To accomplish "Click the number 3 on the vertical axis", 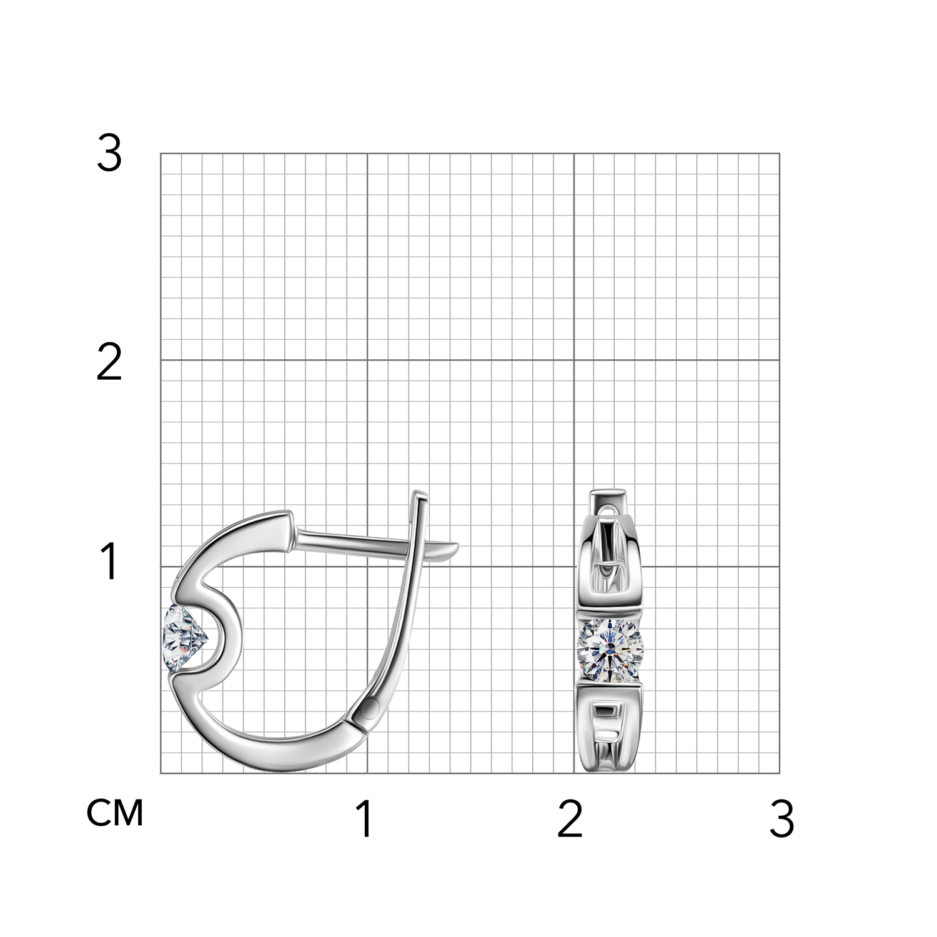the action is (x=109, y=154).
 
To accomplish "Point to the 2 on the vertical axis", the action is (x=109, y=363).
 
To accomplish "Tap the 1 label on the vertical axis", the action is (x=109, y=562).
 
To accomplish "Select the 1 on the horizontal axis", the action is (x=365, y=819).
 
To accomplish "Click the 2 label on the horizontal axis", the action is (x=570, y=819).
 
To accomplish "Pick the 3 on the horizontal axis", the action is (x=781, y=819).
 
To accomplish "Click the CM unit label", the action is (x=115, y=813).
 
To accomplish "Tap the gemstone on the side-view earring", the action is (x=184, y=638).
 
